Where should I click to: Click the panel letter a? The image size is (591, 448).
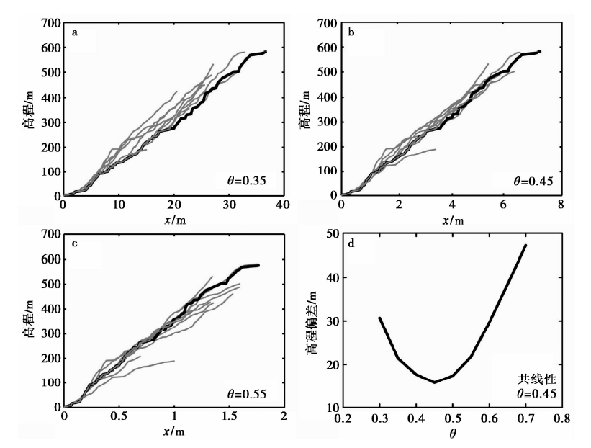73,33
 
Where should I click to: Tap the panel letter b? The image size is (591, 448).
351,33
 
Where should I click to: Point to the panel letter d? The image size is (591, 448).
351,244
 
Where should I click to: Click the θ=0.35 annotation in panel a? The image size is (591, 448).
244,181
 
